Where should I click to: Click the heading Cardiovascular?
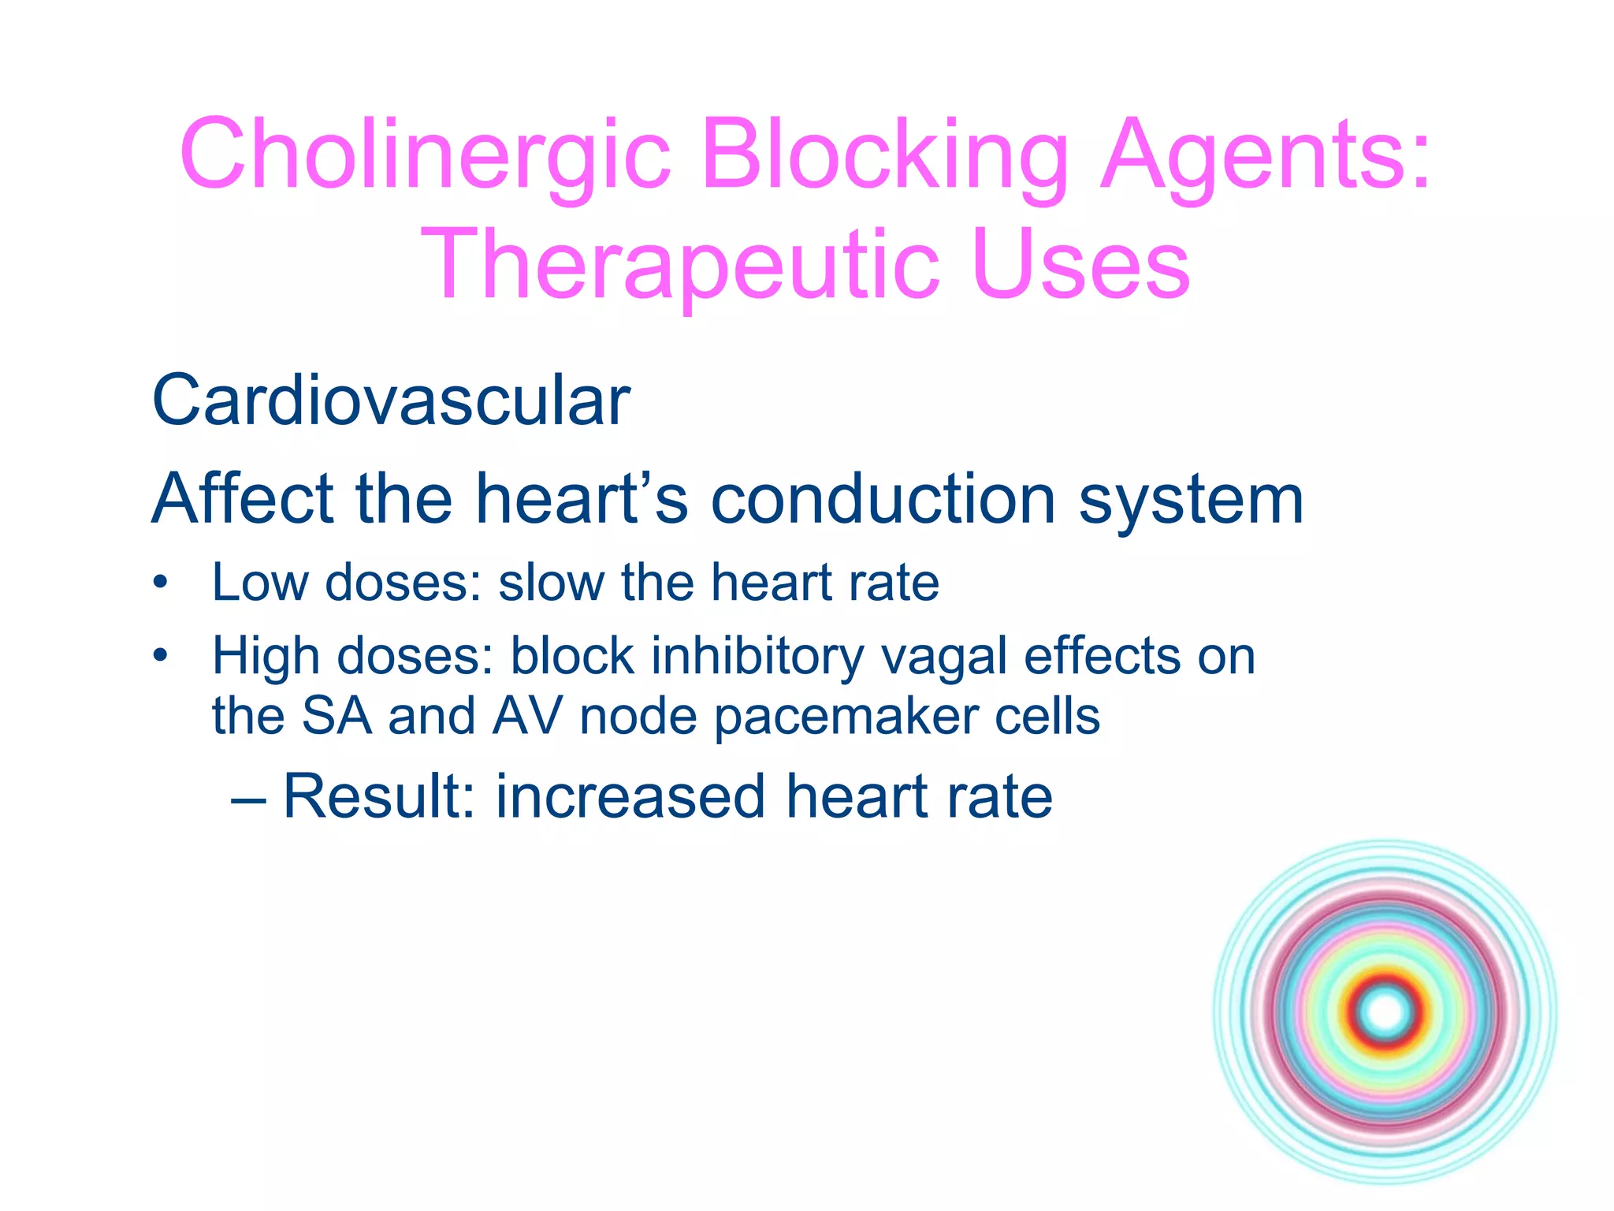(x=391, y=401)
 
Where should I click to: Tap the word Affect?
(x=243, y=498)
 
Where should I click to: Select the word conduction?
(x=883, y=498)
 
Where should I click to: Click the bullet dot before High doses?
(x=161, y=655)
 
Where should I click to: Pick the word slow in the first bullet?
(x=550, y=583)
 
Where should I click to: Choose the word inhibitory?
(x=757, y=657)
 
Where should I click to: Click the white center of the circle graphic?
(x=1385, y=1012)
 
